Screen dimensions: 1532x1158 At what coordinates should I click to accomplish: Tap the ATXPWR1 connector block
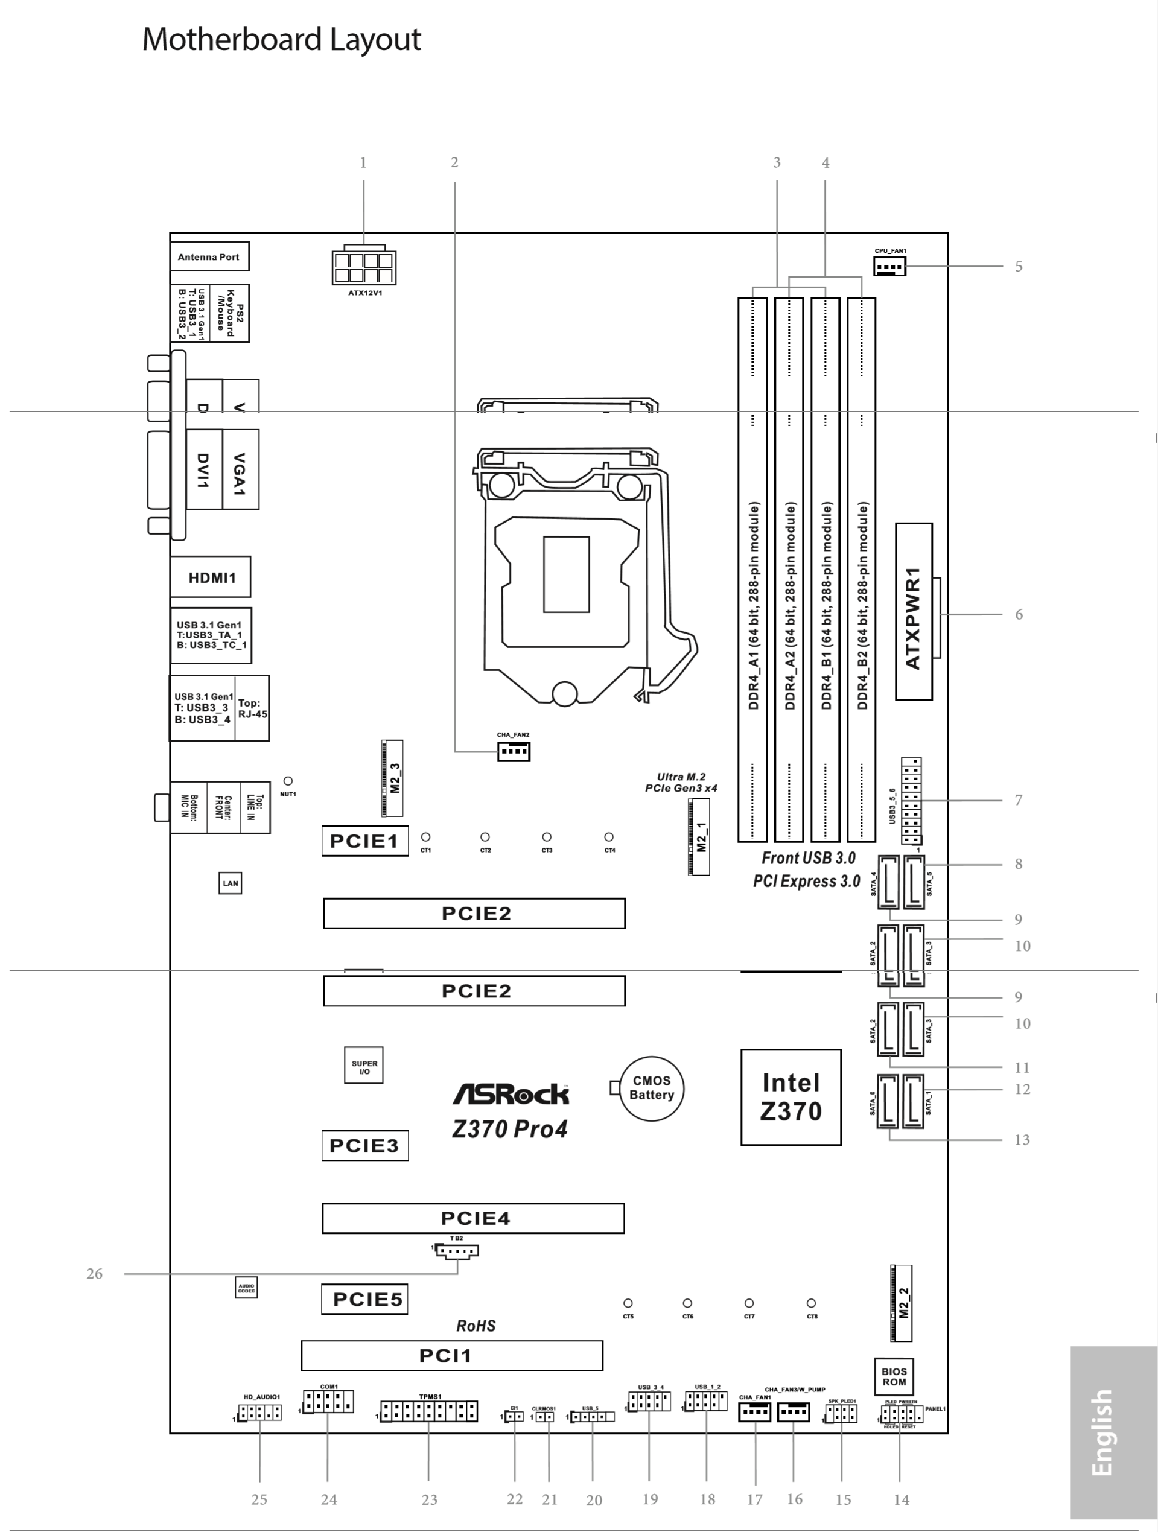[914, 612]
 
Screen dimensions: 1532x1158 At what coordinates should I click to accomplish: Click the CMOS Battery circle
[651, 1088]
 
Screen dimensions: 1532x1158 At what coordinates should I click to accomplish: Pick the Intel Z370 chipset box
[791, 1097]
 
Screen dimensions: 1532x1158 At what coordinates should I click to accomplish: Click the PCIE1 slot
[364, 841]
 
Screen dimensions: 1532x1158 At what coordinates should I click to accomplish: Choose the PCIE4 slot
[473, 1218]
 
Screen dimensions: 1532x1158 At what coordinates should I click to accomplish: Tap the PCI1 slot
[451, 1355]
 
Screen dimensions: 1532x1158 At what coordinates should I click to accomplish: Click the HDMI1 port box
[211, 577]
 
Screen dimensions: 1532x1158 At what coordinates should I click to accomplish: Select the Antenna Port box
[209, 257]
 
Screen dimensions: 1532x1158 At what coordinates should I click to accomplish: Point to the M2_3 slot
[393, 778]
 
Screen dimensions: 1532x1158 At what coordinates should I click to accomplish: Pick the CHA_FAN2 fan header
[513, 751]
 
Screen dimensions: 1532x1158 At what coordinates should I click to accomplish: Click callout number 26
[94, 1274]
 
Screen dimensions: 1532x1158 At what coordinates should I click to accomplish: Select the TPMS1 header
[428, 1411]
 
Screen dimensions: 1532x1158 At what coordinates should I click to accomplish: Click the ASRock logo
[511, 1095]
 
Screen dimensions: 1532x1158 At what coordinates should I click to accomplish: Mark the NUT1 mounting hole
[288, 781]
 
